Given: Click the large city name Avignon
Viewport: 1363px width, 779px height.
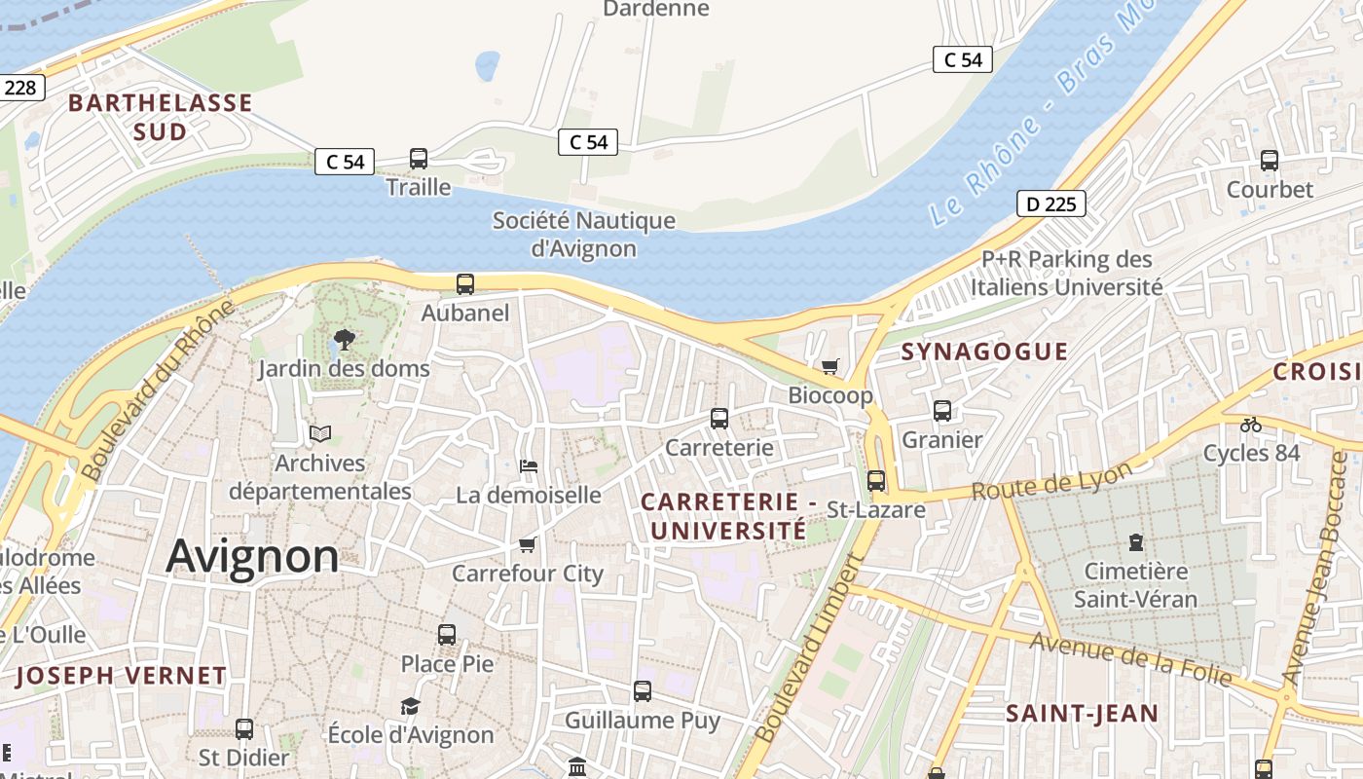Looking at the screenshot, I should click(x=252, y=556).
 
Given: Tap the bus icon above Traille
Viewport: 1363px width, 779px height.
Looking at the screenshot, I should click(x=419, y=158).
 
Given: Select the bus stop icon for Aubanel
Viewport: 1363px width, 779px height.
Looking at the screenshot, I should click(x=465, y=284).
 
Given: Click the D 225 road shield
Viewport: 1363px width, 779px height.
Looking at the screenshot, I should click(x=1050, y=204).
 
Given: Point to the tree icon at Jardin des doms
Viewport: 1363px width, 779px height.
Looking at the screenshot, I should click(x=343, y=340).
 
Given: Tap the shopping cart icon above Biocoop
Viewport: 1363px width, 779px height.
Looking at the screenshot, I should click(x=829, y=367).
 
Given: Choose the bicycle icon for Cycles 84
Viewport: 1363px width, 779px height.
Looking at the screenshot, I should click(x=1251, y=425).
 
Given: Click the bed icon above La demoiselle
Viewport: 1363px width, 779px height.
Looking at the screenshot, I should click(x=529, y=466).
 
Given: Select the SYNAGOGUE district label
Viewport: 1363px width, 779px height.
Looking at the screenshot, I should click(x=984, y=352).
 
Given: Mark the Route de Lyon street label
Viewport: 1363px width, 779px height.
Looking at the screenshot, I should click(x=1052, y=480).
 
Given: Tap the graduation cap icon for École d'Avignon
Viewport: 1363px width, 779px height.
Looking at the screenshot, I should click(x=410, y=706).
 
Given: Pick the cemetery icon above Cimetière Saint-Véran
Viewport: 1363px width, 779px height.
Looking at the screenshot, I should click(x=1135, y=541).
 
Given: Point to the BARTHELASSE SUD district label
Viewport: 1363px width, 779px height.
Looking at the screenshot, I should click(x=161, y=117).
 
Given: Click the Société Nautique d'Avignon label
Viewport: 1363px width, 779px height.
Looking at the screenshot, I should click(x=583, y=234).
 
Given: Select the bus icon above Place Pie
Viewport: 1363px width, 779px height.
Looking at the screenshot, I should click(x=447, y=635).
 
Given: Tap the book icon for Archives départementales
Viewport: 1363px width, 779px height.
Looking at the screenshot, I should click(x=320, y=433).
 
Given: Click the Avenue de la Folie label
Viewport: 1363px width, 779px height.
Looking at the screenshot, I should click(x=1130, y=658).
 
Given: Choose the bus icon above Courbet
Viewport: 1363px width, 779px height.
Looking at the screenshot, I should click(x=1270, y=161).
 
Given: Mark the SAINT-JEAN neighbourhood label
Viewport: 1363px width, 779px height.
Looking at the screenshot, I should click(x=1082, y=714).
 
